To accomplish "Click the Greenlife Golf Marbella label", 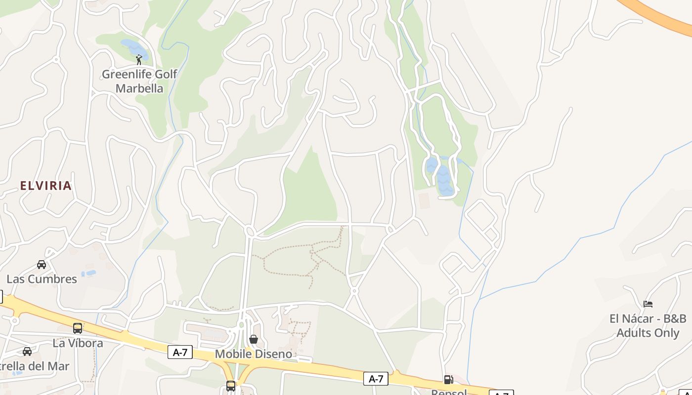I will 139,81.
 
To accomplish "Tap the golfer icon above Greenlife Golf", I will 139,60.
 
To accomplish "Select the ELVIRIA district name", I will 46,186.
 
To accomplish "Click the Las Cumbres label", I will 42,279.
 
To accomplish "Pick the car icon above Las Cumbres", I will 42,265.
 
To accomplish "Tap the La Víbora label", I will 78,343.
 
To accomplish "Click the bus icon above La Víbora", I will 78,328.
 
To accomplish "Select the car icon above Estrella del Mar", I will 27,352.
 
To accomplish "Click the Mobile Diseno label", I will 253,354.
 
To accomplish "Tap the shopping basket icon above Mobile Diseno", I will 254,339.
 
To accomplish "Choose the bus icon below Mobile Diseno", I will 231,386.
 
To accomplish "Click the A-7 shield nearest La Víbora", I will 180,352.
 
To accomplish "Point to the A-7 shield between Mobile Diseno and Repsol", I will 376,379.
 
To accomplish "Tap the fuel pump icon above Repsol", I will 448,380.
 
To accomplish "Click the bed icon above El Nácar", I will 648,304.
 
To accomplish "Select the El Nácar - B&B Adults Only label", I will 648,326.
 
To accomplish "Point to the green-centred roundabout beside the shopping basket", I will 241,324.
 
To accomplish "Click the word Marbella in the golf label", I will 139,88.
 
